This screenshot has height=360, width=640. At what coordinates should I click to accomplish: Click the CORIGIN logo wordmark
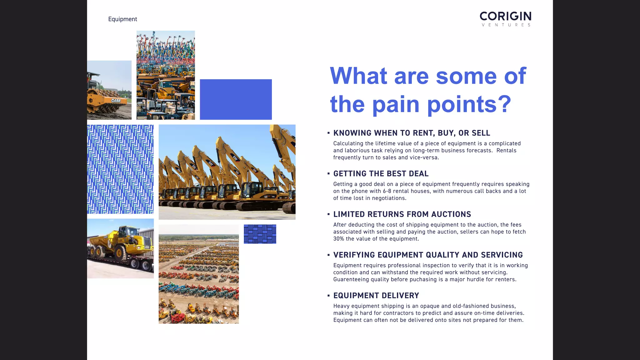(x=505, y=16)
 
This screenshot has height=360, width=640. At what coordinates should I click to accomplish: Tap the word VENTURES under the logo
(x=506, y=25)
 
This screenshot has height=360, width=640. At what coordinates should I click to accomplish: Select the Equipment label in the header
(x=122, y=19)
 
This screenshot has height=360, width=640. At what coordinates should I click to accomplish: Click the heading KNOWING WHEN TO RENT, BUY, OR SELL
(x=412, y=133)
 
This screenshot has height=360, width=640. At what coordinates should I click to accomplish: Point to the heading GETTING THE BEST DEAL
(x=381, y=174)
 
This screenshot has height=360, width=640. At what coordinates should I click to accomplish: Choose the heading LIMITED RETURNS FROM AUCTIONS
(x=402, y=214)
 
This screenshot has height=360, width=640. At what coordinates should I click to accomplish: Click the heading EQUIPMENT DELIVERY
(x=376, y=296)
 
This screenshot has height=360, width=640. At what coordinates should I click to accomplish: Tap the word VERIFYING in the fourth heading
(x=354, y=255)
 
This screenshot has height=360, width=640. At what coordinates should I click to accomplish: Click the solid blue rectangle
(x=236, y=99)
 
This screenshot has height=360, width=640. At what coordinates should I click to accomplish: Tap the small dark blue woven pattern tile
(x=260, y=234)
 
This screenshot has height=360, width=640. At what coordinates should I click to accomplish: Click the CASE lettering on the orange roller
(x=116, y=101)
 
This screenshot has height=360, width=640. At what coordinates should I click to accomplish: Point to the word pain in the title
(x=396, y=104)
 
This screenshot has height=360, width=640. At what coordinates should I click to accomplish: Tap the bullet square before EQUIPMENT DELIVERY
(x=328, y=296)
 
